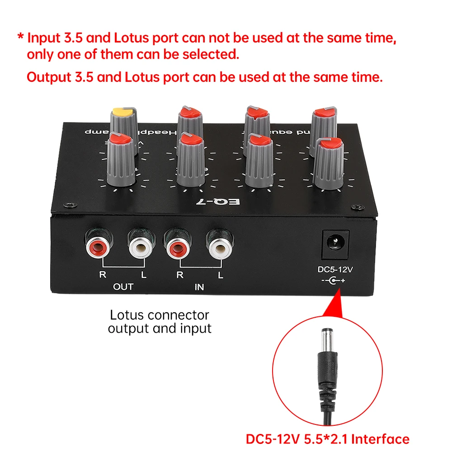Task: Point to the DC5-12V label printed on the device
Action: coord(335,269)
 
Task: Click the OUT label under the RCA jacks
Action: coord(123,287)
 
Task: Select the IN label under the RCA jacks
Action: coord(199,287)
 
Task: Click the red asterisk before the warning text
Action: coord(20,37)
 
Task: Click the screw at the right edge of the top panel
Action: coord(358,207)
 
